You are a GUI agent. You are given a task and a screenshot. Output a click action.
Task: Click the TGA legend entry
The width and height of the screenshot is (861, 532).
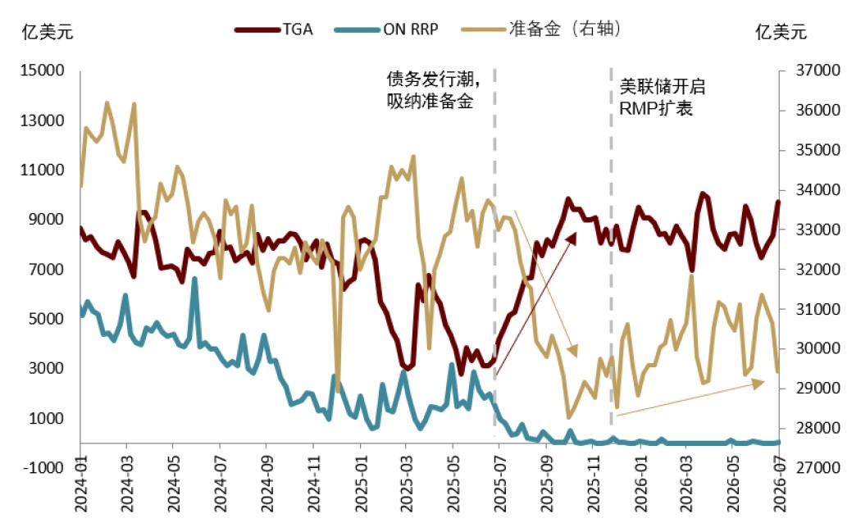click(x=274, y=29)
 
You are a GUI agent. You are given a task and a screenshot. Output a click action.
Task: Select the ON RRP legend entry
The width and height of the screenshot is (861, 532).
click(x=386, y=29)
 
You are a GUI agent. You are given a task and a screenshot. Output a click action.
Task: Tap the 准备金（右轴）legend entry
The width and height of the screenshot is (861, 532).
click(x=541, y=29)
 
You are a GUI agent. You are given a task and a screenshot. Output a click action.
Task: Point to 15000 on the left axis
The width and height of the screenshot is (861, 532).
click(x=43, y=70)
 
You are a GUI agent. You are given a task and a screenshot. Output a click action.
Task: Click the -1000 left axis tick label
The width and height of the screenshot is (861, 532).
click(x=43, y=467)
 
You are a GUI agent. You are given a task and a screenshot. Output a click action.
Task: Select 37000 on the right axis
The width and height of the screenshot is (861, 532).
click(x=818, y=70)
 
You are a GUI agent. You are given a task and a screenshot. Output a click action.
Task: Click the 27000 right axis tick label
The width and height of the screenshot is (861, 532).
click(x=818, y=467)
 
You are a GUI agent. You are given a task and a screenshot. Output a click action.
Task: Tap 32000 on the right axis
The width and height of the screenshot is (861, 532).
click(x=818, y=269)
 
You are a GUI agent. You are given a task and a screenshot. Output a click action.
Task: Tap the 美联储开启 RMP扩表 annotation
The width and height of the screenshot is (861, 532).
click(x=663, y=98)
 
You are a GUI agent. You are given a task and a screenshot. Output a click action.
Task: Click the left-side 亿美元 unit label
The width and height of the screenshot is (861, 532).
click(x=48, y=31)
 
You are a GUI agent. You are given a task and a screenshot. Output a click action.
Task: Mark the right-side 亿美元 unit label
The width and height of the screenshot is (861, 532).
click(x=781, y=31)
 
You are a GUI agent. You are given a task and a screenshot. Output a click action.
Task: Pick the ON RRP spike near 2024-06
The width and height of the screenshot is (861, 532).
click(x=194, y=279)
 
